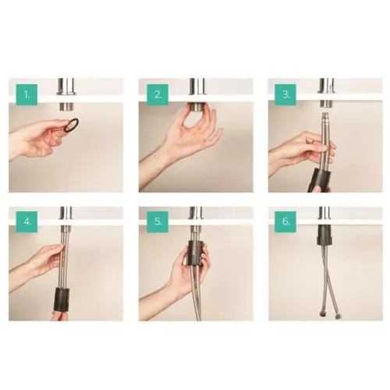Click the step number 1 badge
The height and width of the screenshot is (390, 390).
pyautogui.click(x=27, y=94)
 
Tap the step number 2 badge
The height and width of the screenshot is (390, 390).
pyautogui.click(x=158, y=94)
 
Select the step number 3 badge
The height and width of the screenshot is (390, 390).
pyautogui.click(x=285, y=94)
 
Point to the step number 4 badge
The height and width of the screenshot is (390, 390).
pyautogui.click(x=27, y=222)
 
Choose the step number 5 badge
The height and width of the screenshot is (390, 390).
pyautogui.click(x=158, y=222)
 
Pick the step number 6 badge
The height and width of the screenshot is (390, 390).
pyautogui.click(x=285, y=222)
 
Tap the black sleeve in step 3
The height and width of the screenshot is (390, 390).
pyautogui.click(x=320, y=180)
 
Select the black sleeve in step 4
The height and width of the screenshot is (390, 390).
pyautogui.click(x=62, y=299)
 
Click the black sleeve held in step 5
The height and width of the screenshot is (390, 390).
pyautogui.click(x=196, y=253)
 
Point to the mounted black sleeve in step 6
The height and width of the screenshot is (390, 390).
pyautogui.click(x=324, y=235)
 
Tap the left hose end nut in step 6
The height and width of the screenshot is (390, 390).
pyautogui.click(x=321, y=315)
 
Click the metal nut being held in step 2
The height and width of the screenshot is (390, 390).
pyautogui.click(x=197, y=107)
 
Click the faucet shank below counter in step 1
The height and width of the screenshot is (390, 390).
pyautogui.click(x=66, y=106)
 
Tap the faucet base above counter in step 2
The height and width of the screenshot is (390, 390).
pyautogui.click(x=197, y=87)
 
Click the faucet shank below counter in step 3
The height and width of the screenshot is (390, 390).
pyautogui.click(x=325, y=104)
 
